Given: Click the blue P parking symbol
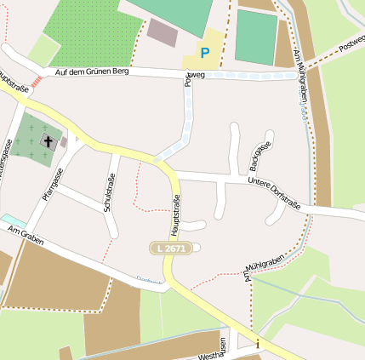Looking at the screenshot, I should coord(204,53).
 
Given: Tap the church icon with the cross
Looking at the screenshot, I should coord(48,142).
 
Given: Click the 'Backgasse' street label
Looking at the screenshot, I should coord(259,156).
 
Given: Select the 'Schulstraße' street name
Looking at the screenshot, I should coord(108,192).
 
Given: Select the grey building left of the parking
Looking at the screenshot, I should coord(162,32).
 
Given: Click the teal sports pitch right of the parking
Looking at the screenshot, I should coord(255,37).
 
